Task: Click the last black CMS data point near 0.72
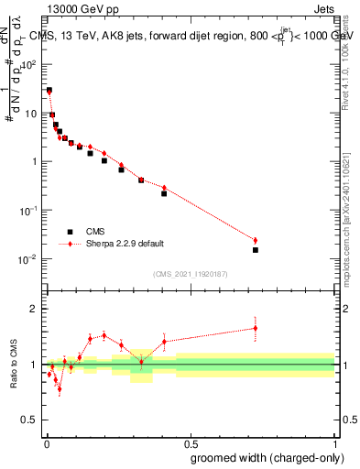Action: (x=256, y=249)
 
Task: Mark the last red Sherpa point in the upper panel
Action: (x=256, y=240)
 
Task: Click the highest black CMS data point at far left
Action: (x=49, y=91)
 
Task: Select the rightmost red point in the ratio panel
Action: (x=256, y=327)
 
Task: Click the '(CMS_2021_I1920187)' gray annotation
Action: (x=189, y=273)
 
